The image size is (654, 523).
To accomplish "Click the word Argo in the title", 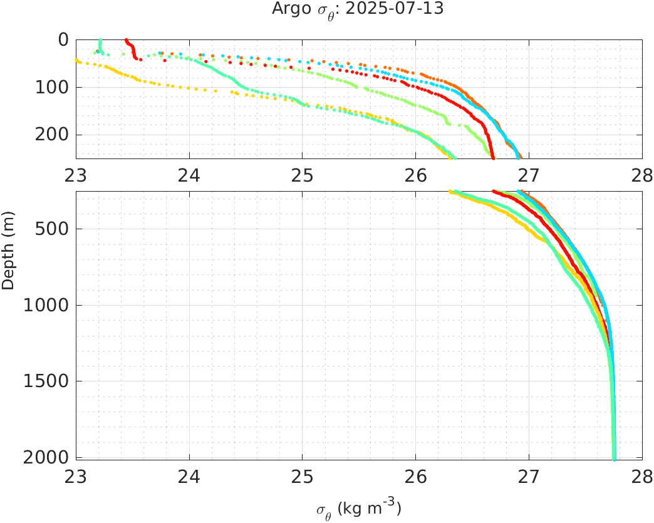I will pyautogui.click(x=286, y=9).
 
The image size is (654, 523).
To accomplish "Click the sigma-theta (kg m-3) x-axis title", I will pyautogui.click(x=358, y=509).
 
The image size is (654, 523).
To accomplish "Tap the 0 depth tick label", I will pyautogui.click(x=63, y=40).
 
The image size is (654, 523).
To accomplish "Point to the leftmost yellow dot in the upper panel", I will pyautogui.click(x=77, y=60).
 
